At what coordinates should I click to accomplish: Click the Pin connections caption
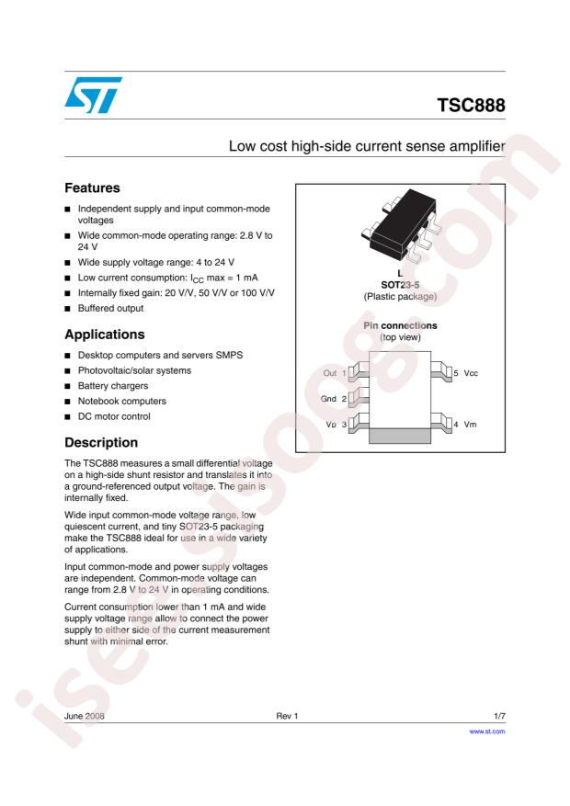tap(398, 325)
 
